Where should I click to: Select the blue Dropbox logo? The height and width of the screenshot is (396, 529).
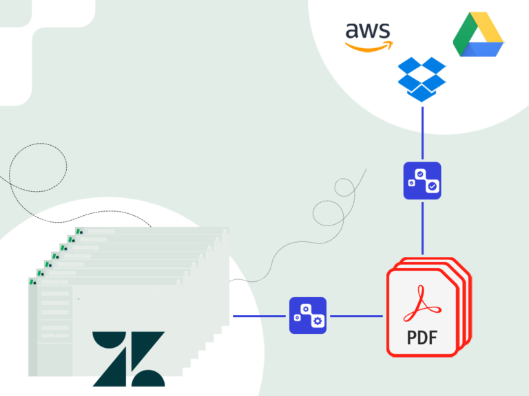(x=422, y=79)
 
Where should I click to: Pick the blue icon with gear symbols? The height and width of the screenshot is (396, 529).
(x=308, y=316)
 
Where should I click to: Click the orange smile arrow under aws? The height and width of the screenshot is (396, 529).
(x=369, y=47)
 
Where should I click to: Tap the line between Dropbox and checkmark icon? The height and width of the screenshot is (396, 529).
(x=422, y=134)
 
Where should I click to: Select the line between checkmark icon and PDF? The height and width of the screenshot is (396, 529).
(x=422, y=227)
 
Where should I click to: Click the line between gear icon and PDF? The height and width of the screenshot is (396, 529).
(x=355, y=316)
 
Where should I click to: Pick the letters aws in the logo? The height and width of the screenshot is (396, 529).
(x=369, y=31)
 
